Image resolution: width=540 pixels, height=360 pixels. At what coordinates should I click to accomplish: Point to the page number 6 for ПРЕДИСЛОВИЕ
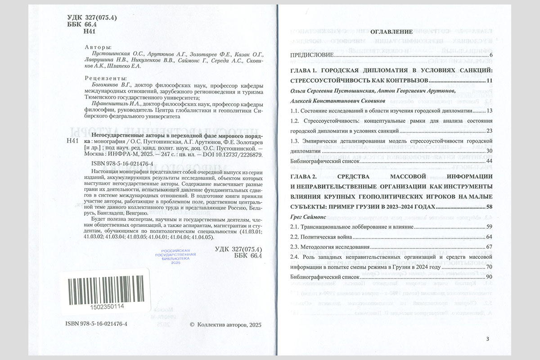pos(491,55)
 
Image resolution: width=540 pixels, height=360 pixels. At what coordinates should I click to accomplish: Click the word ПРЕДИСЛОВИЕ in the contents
pos(311,55)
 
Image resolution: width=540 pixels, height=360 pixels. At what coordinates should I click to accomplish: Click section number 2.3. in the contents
pos(295,247)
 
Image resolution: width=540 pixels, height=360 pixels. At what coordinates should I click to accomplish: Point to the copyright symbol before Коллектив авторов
pos(192,324)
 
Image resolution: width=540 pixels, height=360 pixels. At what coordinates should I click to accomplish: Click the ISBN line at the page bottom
pos(96,324)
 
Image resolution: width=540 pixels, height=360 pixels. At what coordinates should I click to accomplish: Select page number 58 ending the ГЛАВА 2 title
pos(490,207)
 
